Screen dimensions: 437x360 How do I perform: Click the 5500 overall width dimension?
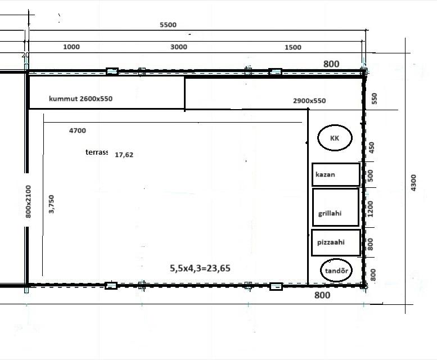[x=168, y=25]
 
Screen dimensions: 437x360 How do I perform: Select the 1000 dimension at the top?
[x=71, y=47]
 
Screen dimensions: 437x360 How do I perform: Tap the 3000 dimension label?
[x=179, y=47]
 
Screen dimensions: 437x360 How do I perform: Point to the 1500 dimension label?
[x=293, y=47]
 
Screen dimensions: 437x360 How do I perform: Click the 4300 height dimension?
[x=413, y=183]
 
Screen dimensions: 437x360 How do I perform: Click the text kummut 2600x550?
[x=80, y=98]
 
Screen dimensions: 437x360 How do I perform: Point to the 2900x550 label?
[x=309, y=101]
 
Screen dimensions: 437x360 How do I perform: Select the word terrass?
[x=97, y=152]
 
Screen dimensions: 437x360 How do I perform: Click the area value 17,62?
[x=124, y=155]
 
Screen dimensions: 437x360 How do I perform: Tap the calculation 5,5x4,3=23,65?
[x=200, y=268]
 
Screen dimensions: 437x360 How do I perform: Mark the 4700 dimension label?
[x=78, y=130]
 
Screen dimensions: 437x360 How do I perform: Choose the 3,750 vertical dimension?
[x=51, y=204]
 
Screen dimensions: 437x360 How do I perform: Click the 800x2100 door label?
[x=28, y=201]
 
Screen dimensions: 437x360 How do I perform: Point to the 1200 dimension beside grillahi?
[x=370, y=209]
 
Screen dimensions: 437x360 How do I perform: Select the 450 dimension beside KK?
[x=372, y=148]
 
